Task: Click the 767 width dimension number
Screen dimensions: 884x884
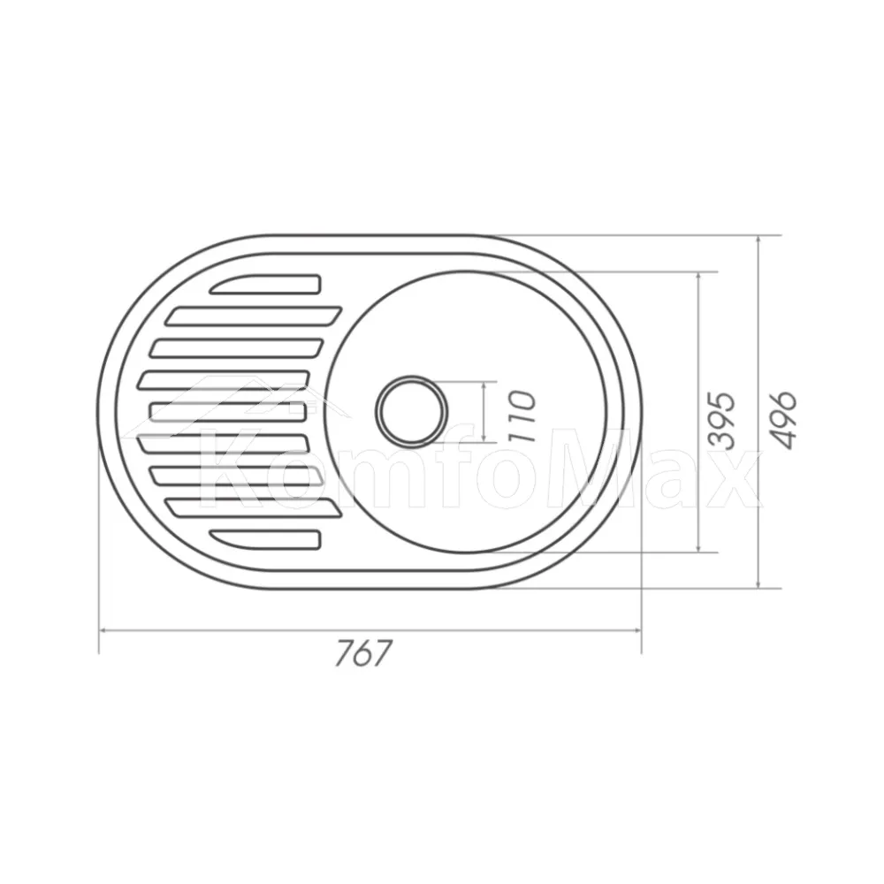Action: [x=362, y=654]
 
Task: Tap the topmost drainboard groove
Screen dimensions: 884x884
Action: [x=265, y=284]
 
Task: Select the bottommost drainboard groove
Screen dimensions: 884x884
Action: [x=265, y=539]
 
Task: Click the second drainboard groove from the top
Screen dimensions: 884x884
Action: [x=254, y=316]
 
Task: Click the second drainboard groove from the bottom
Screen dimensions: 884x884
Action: [x=254, y=507]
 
